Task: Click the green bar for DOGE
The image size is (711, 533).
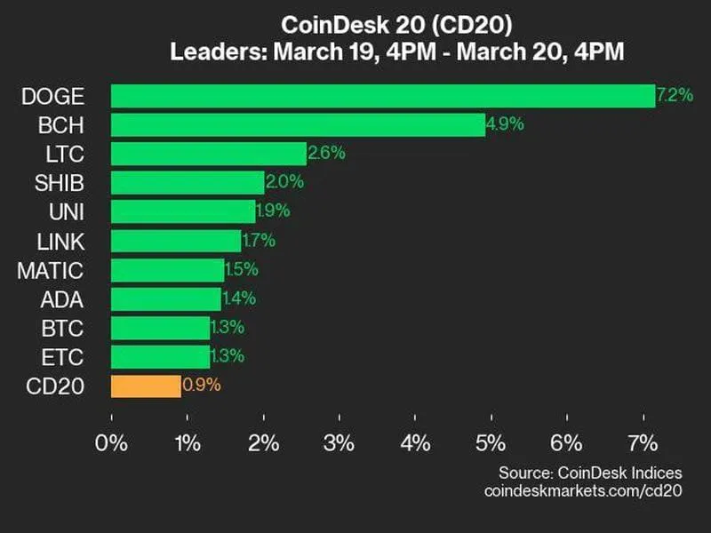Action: (x=382, y=96)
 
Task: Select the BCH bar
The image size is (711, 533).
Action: (x=298, y=125)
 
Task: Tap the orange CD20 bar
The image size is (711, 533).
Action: (x=146, y=386)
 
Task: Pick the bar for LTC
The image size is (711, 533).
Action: (x=209, y=154)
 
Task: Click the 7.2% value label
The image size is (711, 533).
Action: (x=675, y=95)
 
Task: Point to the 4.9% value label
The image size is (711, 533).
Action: (x=506, y=124)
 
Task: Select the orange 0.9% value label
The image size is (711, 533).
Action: (x=202, y=386)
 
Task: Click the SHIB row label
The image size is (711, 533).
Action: (x=60, y=183)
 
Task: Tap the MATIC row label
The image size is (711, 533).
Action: (x=50, y=270)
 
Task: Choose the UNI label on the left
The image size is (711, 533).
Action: (x=68, y=212)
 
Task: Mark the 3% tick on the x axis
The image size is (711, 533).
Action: (x=340, y=442)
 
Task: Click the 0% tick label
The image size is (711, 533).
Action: (x=112, y=442)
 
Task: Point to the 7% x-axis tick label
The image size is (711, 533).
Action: (x=643, y=442)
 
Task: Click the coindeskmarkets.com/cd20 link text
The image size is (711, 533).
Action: (x=584, y=490)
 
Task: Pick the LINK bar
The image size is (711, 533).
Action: (x=176, y=241)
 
